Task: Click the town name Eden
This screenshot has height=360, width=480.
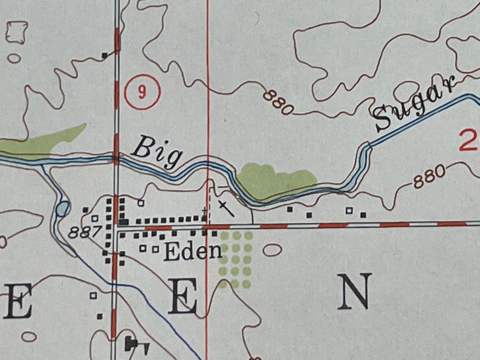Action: click(x=192, y=251)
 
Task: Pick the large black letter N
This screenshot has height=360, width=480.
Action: click(x=354, y=292)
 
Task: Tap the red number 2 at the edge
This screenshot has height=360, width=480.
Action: click(x=468, y=141)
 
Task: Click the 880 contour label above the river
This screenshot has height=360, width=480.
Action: click(x=278, y=100)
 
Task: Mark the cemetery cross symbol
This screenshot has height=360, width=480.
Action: click(x=225, y=208)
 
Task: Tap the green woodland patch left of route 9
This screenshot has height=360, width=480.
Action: click(x=45, y=141)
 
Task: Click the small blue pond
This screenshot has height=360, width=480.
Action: click(x=62, y=210)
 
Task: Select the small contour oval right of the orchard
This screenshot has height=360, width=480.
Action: click(x=271, y=249)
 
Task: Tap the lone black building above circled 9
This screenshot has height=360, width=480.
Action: click(x=105, y=56)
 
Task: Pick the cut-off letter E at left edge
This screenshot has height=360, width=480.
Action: click(x=16, y=300)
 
